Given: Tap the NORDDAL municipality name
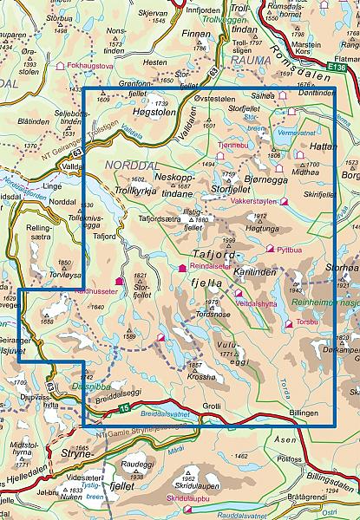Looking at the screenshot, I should point(130,165).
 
